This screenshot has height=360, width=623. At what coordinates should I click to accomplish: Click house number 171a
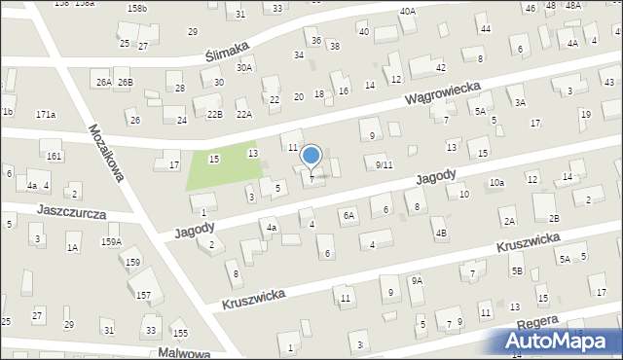46,115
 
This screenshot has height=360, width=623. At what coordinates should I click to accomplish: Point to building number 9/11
384,165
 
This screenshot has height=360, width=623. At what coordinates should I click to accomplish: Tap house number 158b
137,8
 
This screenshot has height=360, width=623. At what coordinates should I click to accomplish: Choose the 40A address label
407,11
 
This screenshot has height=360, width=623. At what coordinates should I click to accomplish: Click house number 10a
496,182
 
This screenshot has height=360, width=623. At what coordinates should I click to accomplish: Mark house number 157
143,295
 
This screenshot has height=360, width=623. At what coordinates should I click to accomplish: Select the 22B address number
214,114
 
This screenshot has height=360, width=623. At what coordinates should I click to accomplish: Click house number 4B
441,233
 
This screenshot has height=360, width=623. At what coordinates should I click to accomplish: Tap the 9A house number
417,280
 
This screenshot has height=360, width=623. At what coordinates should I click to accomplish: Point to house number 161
54,156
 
